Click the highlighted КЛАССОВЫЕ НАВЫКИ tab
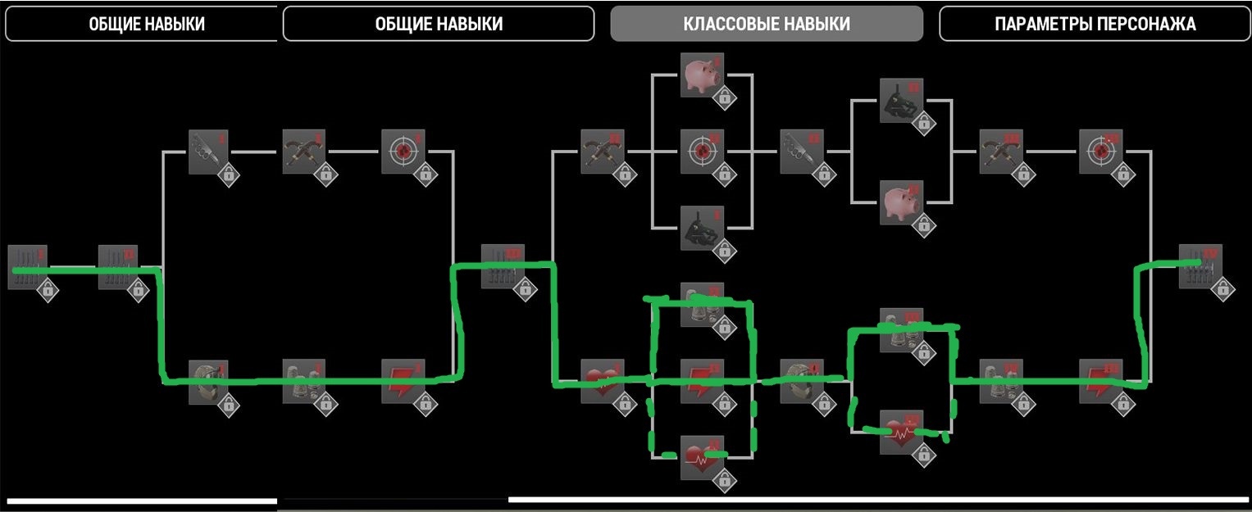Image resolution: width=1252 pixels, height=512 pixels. (766, 24)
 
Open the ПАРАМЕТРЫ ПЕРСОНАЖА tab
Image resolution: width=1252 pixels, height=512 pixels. (1095, 24)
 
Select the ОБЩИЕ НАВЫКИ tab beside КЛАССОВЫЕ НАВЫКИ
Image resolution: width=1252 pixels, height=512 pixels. (438, 24)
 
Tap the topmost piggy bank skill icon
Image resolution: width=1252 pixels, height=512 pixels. (702, 74)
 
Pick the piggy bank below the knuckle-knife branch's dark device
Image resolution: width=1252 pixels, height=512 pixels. (901, 202)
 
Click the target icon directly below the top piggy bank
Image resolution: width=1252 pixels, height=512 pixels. (702, 151)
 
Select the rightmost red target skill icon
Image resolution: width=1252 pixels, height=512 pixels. (1100, 151)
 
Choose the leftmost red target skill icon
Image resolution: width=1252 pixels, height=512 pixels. (403, 151)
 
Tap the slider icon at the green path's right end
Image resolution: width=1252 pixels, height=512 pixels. (1200, 266)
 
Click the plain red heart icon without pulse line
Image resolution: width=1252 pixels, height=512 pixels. (602, 381)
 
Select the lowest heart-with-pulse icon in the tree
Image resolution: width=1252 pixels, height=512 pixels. (702, 457)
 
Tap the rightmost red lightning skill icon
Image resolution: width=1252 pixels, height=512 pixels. (1100, 381)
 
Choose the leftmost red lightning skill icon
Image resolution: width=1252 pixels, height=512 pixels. (403, 381)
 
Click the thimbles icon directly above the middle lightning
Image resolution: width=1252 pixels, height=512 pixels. (702, 304)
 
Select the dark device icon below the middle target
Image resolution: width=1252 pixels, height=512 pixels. (702, 228)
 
